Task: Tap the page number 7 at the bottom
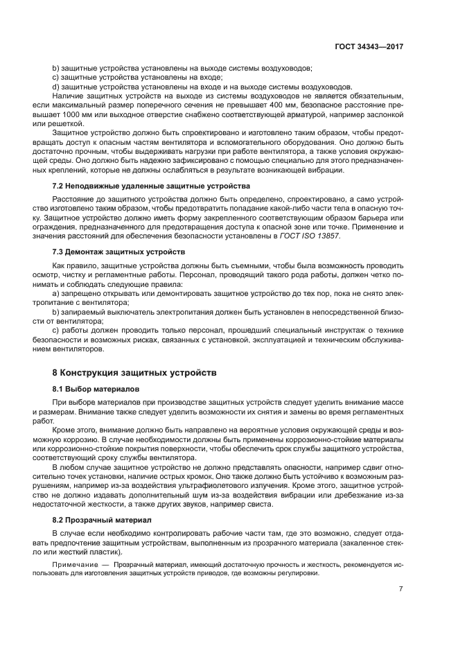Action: point(401,588)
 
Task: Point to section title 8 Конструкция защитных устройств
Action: point(135,372)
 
